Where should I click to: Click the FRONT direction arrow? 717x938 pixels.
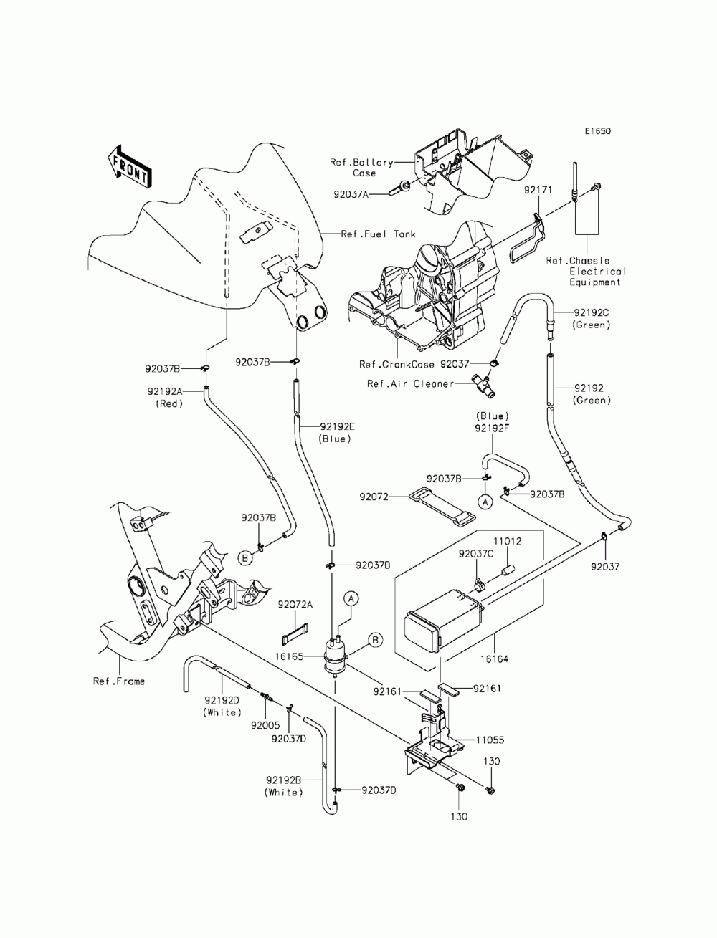[x=128, y=167]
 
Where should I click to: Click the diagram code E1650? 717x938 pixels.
[x=597, y=130]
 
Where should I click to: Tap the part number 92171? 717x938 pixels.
[x=538, y=190]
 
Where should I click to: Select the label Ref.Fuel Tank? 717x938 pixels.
[x=378, y=234]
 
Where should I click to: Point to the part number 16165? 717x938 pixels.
[x=289, y=656]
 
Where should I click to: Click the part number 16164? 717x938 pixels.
[x=494, y=659]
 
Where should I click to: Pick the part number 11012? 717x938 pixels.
[x=508, y=541]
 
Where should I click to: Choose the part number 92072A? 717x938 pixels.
[x=295, y=605]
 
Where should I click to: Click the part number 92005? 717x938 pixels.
[x=265, y=725]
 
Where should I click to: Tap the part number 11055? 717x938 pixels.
[x=490, y=740]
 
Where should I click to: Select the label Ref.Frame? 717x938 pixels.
[x=119, y=681]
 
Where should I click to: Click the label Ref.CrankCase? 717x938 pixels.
[x=397, y=364]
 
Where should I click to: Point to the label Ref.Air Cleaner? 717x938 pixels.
[x=410, y=384]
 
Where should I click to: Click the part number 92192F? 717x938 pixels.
[x=492, y=428]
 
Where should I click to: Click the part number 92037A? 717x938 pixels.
[x=351, y=194]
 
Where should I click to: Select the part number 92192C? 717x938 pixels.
[x=592, y=312]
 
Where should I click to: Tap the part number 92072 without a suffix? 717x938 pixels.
[x=374, y=497]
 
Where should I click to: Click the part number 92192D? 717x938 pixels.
[x=222, y=700]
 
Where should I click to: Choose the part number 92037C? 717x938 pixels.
[x=476, y=554]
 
